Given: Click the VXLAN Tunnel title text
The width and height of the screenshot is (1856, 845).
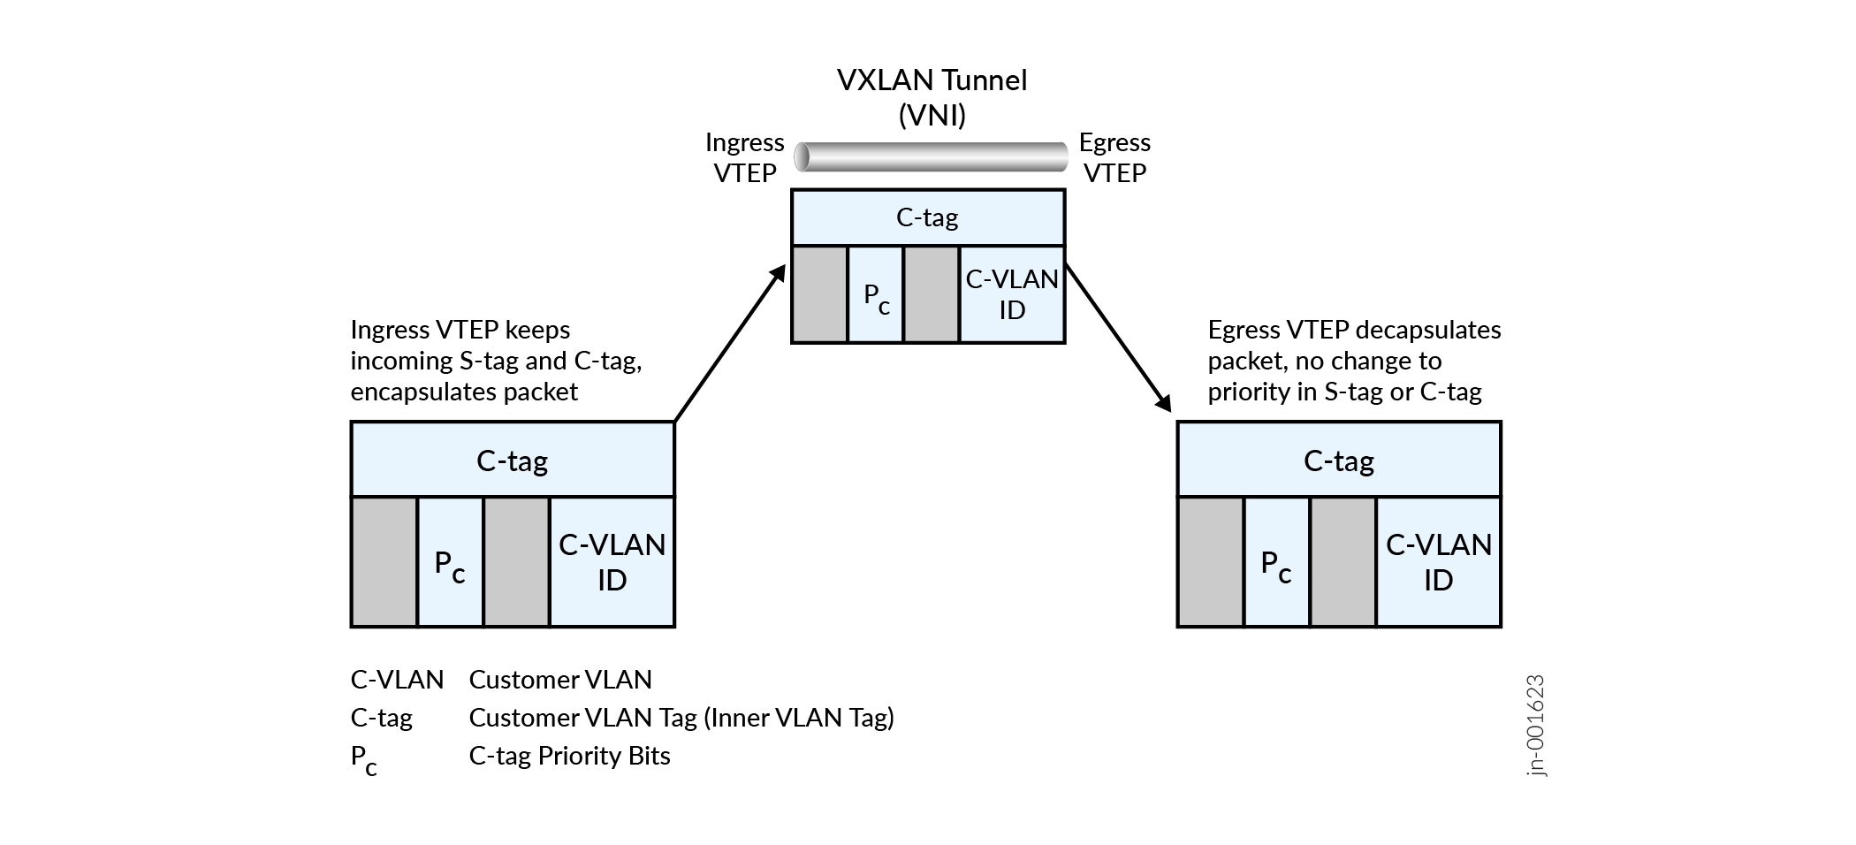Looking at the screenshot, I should coord(932,81).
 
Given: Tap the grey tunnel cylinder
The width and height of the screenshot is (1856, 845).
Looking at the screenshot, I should coord(930,156).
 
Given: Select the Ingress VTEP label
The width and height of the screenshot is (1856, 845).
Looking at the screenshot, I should coord(744,157).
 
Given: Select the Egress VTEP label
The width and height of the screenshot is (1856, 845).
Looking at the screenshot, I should coord(1114,157).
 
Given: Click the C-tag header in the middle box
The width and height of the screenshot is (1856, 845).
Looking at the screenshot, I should coord(927,217).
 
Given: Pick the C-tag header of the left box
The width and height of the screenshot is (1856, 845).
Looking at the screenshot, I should coord(512,461).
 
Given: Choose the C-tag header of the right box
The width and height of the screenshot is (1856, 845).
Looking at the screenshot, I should coord(1338,461).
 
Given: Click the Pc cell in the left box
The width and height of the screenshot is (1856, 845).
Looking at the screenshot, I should coord(450,563).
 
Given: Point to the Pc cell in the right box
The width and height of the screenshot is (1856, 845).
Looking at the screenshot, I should coord(1276,563).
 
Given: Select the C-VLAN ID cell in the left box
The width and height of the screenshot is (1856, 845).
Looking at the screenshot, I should coord(612,562).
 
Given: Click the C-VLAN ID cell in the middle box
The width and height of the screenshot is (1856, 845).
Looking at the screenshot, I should coord(1012,294).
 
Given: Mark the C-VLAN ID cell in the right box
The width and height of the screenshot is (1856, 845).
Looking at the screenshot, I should coord(1438,562).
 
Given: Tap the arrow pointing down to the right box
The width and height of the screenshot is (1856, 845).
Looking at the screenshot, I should coord(1118,336).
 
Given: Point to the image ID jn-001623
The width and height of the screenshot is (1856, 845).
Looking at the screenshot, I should coord(1536,726).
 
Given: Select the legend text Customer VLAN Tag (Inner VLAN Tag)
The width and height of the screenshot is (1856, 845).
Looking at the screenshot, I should coord(681,718).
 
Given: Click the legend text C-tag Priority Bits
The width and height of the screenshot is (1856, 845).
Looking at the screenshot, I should coord(569,756).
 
